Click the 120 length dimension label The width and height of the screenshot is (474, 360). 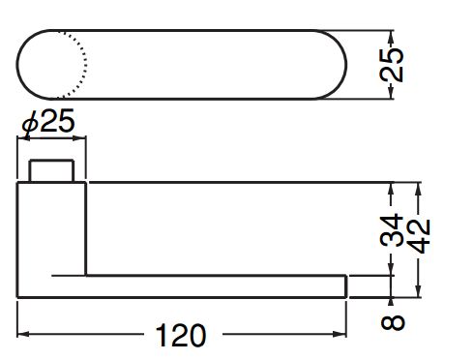(180, 336)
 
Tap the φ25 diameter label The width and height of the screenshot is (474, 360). (48, 122)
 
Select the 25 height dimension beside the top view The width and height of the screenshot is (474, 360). (392, 65)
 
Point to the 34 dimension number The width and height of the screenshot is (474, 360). (392, 229)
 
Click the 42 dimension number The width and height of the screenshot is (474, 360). (419, 236)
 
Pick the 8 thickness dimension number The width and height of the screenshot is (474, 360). (393, 322)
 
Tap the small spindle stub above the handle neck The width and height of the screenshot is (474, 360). (51, 171)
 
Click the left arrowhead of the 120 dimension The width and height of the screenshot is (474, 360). (23, 334)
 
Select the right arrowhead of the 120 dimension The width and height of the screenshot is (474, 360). (340, 334)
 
